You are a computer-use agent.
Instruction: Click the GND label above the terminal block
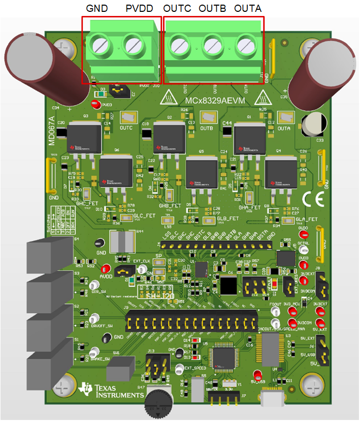[98, 9]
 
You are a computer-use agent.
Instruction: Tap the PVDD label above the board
[139, 9]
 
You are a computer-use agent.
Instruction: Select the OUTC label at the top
[177, 9]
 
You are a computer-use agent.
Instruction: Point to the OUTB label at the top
[212, 9]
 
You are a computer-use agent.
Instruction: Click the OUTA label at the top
[247, 9]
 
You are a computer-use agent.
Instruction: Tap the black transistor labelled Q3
[83, 136]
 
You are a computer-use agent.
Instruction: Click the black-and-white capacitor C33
[314, 125]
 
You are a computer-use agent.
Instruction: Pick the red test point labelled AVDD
[106, 269]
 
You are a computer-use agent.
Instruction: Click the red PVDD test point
[95, 104]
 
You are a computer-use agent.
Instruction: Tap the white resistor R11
[123, 241]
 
